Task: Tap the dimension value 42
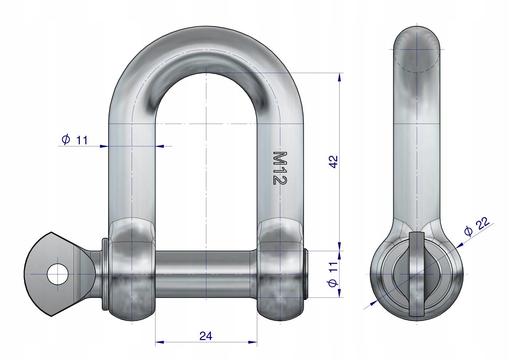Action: tap(334, 162)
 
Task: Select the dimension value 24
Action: tap(206, 336)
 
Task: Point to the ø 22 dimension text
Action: tap(477, 226)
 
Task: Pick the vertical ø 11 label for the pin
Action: tap(333, 274)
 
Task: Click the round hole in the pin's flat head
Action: tap(58, 274)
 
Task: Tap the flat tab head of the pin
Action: tap(60, 274)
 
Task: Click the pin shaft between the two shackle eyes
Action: tap(206, 274)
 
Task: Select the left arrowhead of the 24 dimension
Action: tap(159, 348)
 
